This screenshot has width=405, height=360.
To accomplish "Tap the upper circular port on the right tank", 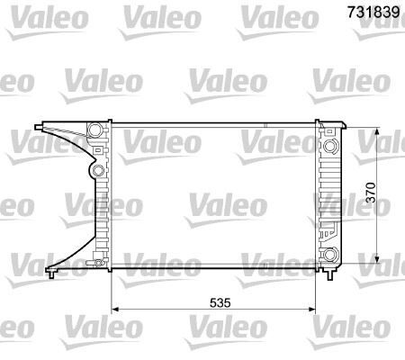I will point(331,145).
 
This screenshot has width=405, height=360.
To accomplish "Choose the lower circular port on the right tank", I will point(331,253).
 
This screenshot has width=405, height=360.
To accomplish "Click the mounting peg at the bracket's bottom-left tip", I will point(53,270).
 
